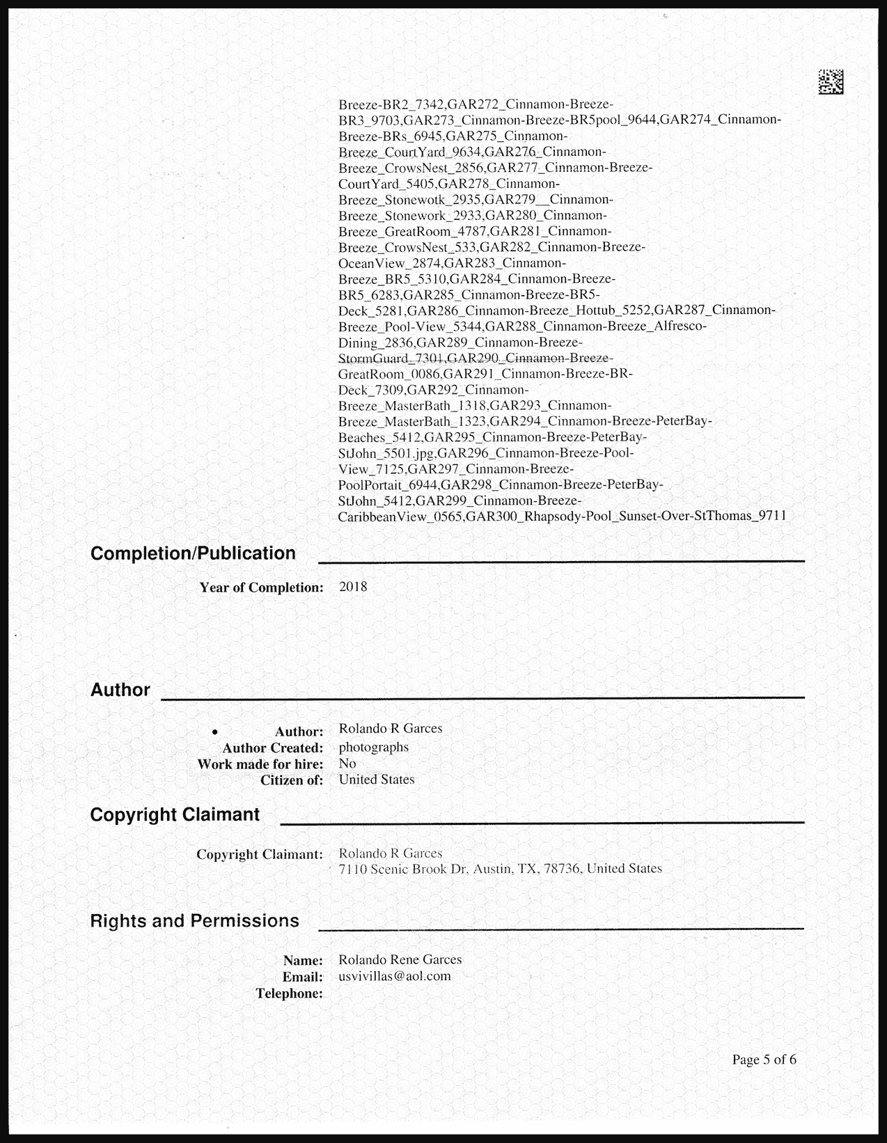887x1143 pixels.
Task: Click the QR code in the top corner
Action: click(830, 82)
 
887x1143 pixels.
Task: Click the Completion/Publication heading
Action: click(193, 553)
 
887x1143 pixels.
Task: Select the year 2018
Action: click(353, 587)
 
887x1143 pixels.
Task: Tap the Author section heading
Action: click(120, 690)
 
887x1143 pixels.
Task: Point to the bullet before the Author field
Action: click(215, 732)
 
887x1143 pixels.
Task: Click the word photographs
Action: click(374, 747)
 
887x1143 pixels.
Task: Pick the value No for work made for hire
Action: click(347, 764)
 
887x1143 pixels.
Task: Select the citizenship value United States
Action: click(377, 780)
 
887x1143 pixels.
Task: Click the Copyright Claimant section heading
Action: click(175, 814)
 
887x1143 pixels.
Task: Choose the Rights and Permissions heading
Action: click(194, 921)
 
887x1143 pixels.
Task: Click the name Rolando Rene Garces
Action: click(400, 959)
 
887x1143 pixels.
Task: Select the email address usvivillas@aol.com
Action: click(395, 976)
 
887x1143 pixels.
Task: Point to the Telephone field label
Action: click(289, 993)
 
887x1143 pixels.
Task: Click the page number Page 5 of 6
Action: click(764, 1059)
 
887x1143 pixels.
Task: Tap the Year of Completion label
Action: click(261, 588)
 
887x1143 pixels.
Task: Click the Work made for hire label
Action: click(260, 764)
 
